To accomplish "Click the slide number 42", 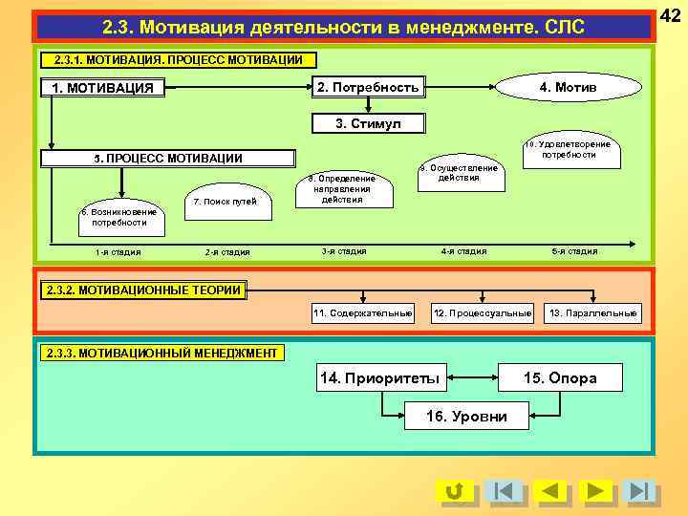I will [x=670, y=16].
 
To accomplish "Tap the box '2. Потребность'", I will [x=368, y=88].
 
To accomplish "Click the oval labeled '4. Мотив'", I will [x=567, y=88].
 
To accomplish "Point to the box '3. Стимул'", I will [x=368, y=124].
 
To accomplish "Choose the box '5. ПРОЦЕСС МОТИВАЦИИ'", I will [x=168, y=159].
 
